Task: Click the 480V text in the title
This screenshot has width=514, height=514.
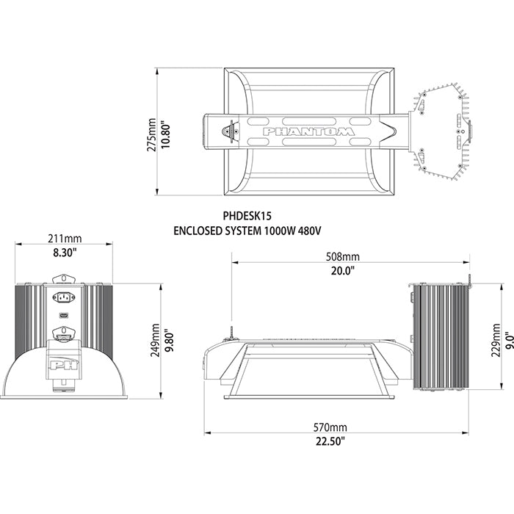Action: [309, 231]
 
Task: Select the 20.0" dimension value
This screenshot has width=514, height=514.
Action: [342, 269]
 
